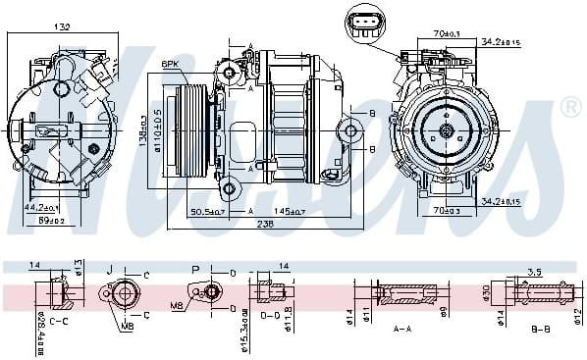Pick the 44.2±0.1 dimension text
(x=41, y=208)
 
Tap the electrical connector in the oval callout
(x=367, y=25)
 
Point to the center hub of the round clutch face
(x=446, y=130)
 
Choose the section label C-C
(x=58, y=321)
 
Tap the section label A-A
(x=403, y=330)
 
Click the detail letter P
(x=195, y=269)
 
